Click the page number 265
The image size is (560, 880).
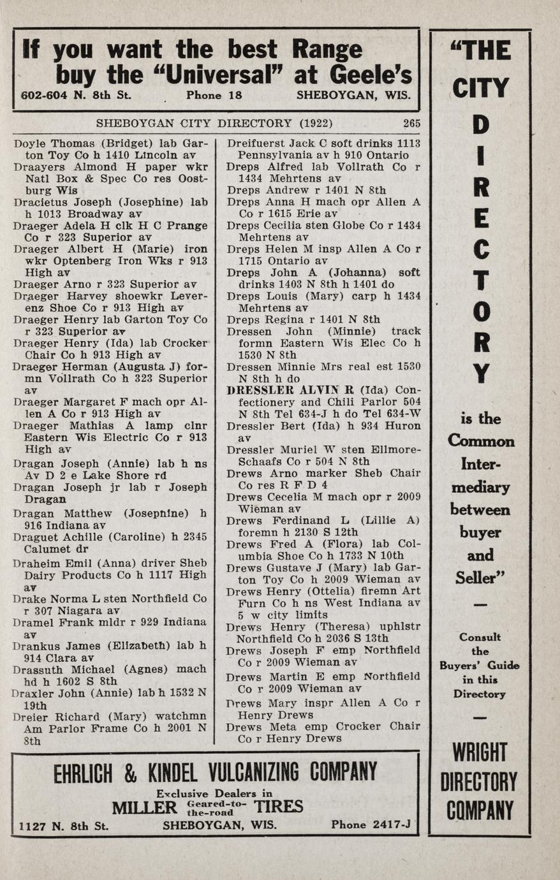[411, 124]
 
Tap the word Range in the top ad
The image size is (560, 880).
[327, 49]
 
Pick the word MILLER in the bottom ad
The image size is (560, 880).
[144, 807]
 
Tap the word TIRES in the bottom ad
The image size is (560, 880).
[278, 807]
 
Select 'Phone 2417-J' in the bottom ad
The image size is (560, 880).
[371, 825]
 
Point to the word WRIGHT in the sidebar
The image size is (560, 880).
[480, 752]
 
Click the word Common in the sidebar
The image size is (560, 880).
[480, 441]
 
